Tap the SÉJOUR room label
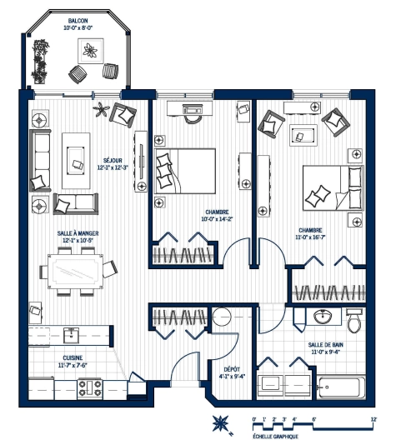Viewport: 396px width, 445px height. (113, 158)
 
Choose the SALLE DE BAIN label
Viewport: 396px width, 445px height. (325, 344)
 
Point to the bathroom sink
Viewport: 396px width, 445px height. (323, 317)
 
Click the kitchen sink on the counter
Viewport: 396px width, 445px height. (72, 334)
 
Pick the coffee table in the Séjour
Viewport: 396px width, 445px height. (77, 154)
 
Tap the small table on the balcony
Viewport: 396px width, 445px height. (89, 52)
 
